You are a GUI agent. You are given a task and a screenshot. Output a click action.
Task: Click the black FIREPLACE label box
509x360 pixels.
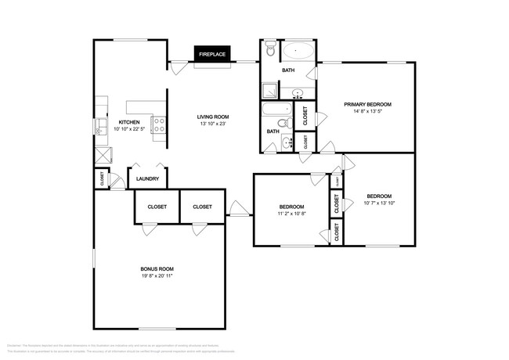(x=212, y=55)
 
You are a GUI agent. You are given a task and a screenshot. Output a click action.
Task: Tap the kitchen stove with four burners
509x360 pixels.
(x=158, y=122)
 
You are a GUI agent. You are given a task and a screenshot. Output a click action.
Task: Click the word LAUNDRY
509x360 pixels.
(x=147, y=179)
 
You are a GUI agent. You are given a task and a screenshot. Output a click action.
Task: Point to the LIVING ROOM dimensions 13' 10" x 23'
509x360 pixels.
(x=213, y=124)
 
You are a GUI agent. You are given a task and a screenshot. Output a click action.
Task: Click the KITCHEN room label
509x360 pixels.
(x=128, y=123)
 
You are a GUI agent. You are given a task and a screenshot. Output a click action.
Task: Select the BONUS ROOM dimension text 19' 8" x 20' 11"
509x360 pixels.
(x=157, y=275)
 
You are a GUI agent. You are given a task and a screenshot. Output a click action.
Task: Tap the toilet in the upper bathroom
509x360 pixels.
(x=270, y=51)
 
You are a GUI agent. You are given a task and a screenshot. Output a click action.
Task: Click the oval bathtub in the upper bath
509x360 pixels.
(x=298, y=53)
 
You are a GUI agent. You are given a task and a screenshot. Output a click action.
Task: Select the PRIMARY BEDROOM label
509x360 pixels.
(x=367, y=104)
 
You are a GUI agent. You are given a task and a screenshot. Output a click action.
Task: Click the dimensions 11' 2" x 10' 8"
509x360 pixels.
(x=291, y=214)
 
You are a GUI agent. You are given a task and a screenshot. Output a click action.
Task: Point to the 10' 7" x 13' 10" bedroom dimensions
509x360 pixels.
(x=379, y=203)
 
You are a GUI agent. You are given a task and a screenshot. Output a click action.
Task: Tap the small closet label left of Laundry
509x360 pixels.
(x=103, y=179)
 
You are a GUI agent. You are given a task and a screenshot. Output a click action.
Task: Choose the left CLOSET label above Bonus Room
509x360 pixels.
(x=154, y=207)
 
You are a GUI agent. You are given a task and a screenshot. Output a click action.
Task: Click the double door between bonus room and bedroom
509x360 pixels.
(x=240, y=208)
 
